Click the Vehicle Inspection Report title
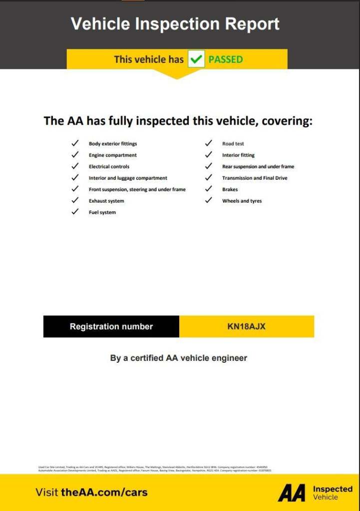click(x=175, y=24)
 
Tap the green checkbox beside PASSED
click(x=196, y=59)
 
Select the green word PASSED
click(x=226, y=59)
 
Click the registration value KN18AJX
click(x=246, y=326)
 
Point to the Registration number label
click(x=111, y=326)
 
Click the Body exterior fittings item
click(x=113, y=144)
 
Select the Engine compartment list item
click(x=113, y=155)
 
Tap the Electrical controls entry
click(x=109, y=167)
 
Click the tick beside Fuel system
click(x=75, y=212)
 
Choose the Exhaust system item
click(x=106, y=201)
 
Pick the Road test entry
click(x=233, y=144)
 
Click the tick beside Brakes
click(x=209, y=190)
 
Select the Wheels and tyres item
click(x=242, y=201)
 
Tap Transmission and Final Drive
click(x=255, y=178)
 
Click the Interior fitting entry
click(x=238, y=155)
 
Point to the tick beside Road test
click(x=209, y=144)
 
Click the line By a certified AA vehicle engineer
click(x=179, y=358)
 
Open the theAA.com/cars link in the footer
click(x=104, y=492)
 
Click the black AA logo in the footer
click(x=292, y=493)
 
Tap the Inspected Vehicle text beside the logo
click(x=333, y=493)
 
